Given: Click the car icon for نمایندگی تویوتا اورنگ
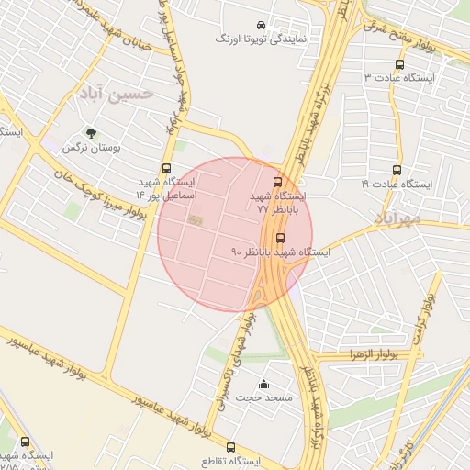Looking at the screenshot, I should click(262, 26).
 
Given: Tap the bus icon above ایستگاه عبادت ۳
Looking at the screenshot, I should click(398, 64).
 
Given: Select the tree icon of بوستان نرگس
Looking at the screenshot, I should click(90, 133).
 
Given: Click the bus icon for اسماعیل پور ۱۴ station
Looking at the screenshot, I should click(166, 168).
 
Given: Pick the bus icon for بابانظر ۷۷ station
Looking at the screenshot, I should click(278, 182).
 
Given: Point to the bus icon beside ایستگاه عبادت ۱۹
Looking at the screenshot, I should click(397, 170).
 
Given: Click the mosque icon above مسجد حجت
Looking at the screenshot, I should click(264, 384).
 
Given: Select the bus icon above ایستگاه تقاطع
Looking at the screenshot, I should click(230, 446).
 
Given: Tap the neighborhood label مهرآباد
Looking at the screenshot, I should click(397, 218).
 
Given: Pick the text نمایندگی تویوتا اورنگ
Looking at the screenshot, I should click(254, 40).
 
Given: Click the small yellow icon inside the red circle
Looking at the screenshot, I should click(195, 219).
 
